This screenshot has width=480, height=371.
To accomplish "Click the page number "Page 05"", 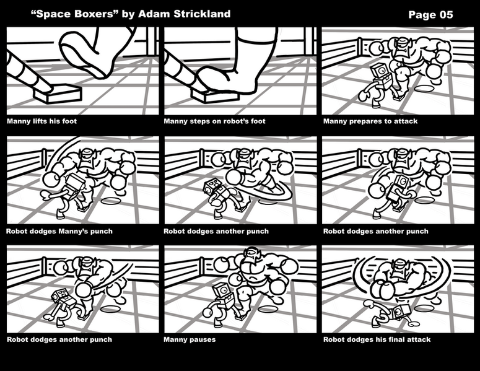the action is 430,15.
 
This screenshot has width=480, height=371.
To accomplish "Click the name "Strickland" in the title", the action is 202,14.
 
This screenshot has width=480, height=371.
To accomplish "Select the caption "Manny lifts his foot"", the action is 41,121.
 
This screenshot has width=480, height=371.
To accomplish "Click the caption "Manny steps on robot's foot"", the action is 214,121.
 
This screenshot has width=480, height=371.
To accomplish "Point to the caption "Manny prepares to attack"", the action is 370,121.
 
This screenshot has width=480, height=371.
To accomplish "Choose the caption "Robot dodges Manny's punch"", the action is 59,231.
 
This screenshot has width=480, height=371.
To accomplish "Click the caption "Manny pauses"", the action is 190,339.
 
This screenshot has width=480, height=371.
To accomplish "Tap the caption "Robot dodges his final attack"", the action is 377,339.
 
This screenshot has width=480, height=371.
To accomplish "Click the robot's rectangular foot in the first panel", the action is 58,94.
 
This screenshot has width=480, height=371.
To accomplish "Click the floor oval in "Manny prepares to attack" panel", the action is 425,89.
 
